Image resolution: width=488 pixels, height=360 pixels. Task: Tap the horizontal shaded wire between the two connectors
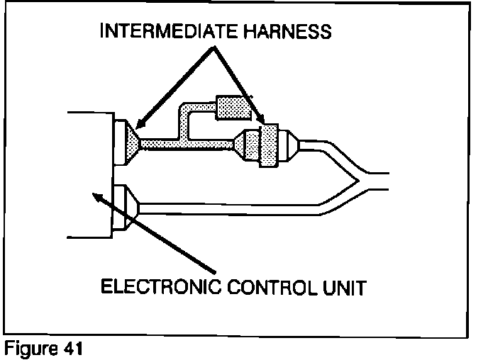(188, 144)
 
